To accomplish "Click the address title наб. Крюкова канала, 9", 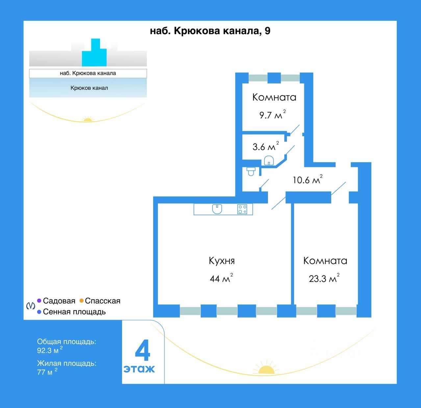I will click(x=210, y=31).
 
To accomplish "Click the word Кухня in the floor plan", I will click(x=222, y=261).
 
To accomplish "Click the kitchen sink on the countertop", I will click(x=217, y=209).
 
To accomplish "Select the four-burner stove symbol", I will click(x=242, y=209).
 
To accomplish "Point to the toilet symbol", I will click(x=251, y=171).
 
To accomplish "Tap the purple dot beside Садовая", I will click(x=39, y=301).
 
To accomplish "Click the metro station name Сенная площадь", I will click(x=74, y=312).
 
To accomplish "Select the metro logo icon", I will click(x=31, y=306).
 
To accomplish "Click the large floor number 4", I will click(x=142, y=351).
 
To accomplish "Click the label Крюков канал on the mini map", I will click(x=89, y=88).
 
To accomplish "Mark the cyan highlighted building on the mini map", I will click(x=95, y=54).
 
